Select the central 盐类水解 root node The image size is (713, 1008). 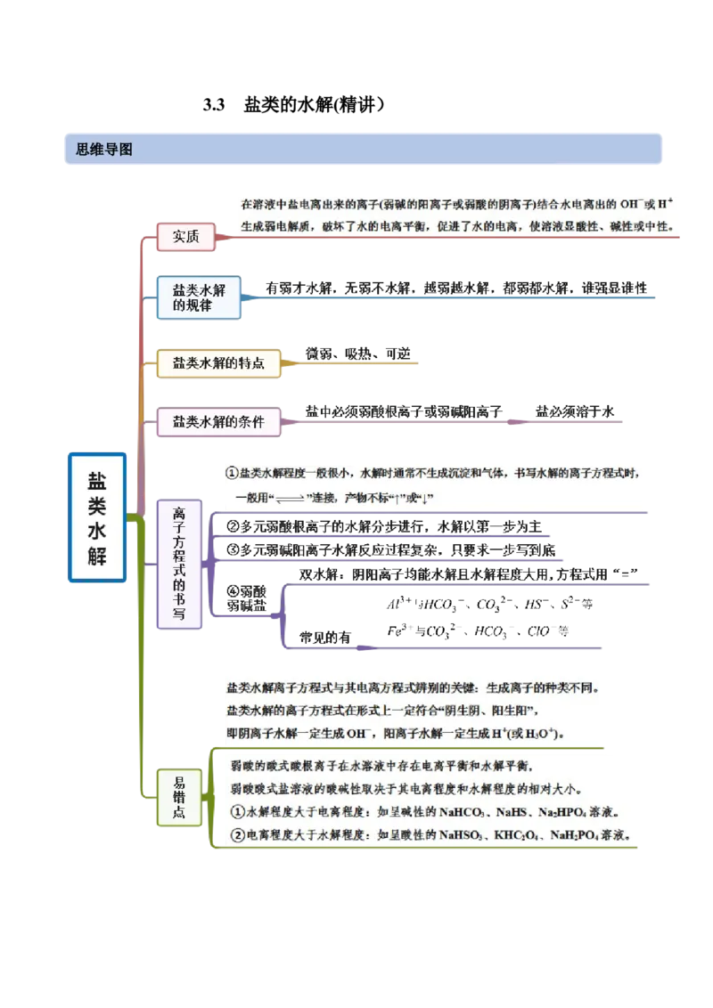tap(99, 517)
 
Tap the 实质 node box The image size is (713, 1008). tap(185, 236)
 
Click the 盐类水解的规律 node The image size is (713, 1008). tap(199, 297)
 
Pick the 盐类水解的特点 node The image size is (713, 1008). tap(218, 363)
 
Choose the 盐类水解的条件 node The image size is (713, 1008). tap(218, 422)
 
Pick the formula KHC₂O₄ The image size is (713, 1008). tap(523, 836)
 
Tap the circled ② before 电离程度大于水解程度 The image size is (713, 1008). tap(237, 836)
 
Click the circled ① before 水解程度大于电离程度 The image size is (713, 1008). tap(237, 813)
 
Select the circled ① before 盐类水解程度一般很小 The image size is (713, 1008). tap(232, 473)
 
